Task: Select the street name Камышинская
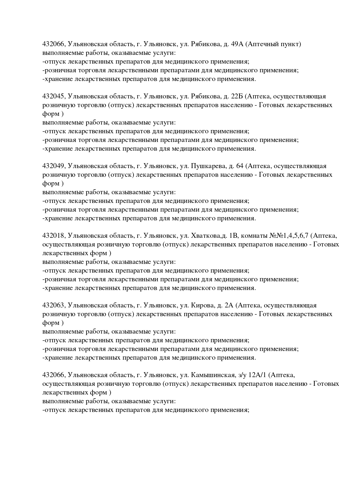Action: point(213,375)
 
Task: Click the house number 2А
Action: point(229,305)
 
